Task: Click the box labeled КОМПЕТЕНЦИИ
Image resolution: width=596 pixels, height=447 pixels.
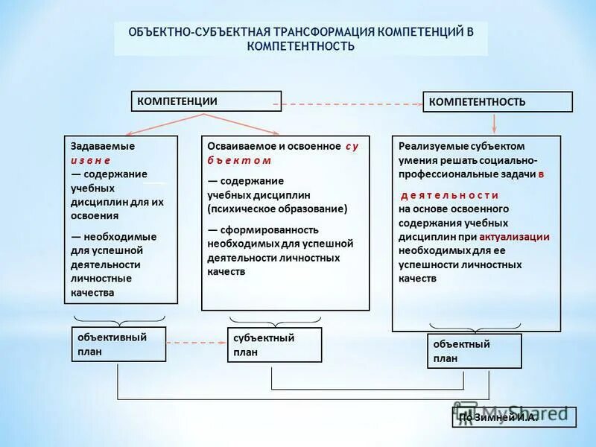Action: point(206,101)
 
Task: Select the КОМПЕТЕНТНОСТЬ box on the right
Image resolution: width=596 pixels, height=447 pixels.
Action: point(498,102)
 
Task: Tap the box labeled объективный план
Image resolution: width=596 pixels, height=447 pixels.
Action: point(118,344)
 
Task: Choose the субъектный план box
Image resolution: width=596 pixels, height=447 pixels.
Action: point(274,345)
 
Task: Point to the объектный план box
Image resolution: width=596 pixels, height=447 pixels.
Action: point(474,351)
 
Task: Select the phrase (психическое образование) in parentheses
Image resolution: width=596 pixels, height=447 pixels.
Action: point(277,209)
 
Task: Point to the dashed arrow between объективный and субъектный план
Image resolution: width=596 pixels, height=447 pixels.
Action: point(196,343)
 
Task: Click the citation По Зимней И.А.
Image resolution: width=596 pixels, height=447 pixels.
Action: point(498,418)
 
